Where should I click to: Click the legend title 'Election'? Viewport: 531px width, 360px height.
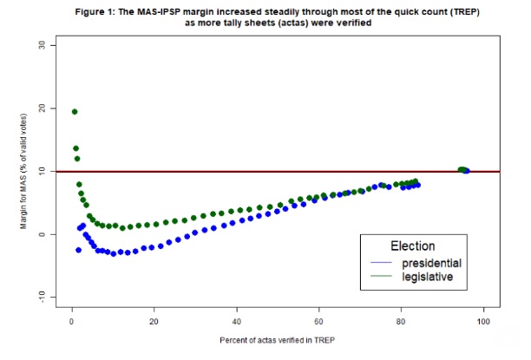point(414,245)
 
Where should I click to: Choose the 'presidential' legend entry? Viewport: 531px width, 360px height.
point(431,262)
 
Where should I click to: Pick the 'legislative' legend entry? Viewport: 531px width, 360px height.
point(428,278)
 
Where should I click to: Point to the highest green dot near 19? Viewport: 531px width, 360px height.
point(75,111)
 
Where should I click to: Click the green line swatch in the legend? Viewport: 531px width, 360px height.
point(382,278)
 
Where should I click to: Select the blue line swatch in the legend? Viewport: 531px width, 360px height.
point(382,262)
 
